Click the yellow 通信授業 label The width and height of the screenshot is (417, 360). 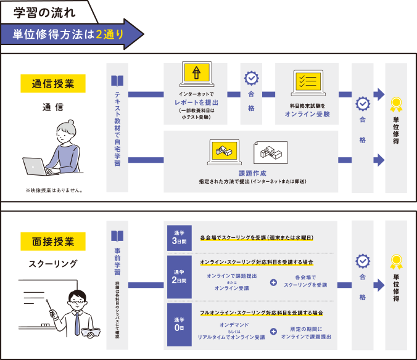53,83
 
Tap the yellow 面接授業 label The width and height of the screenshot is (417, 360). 53,241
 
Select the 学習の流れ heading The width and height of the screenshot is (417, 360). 44,12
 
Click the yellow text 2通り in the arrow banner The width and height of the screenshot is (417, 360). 110,34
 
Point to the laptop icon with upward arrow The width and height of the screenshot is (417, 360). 197,74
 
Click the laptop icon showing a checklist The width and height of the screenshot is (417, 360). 308,83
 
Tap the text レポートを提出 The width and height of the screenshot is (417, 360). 196,102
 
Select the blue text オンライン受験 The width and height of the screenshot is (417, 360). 307,114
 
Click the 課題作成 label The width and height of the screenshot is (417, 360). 252,173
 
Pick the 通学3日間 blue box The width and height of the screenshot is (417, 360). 180,238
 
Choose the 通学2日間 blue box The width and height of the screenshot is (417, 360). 180,277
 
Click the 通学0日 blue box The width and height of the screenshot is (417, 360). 180,325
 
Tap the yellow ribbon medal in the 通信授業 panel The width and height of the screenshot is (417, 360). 396,104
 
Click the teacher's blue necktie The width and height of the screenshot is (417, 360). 77,324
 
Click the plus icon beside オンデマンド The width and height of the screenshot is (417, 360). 273,331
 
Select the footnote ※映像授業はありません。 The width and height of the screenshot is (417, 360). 54,190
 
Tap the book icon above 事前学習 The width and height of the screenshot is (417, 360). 117,236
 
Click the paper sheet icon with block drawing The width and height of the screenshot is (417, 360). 270,152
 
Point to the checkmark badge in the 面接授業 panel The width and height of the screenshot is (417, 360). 363,261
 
